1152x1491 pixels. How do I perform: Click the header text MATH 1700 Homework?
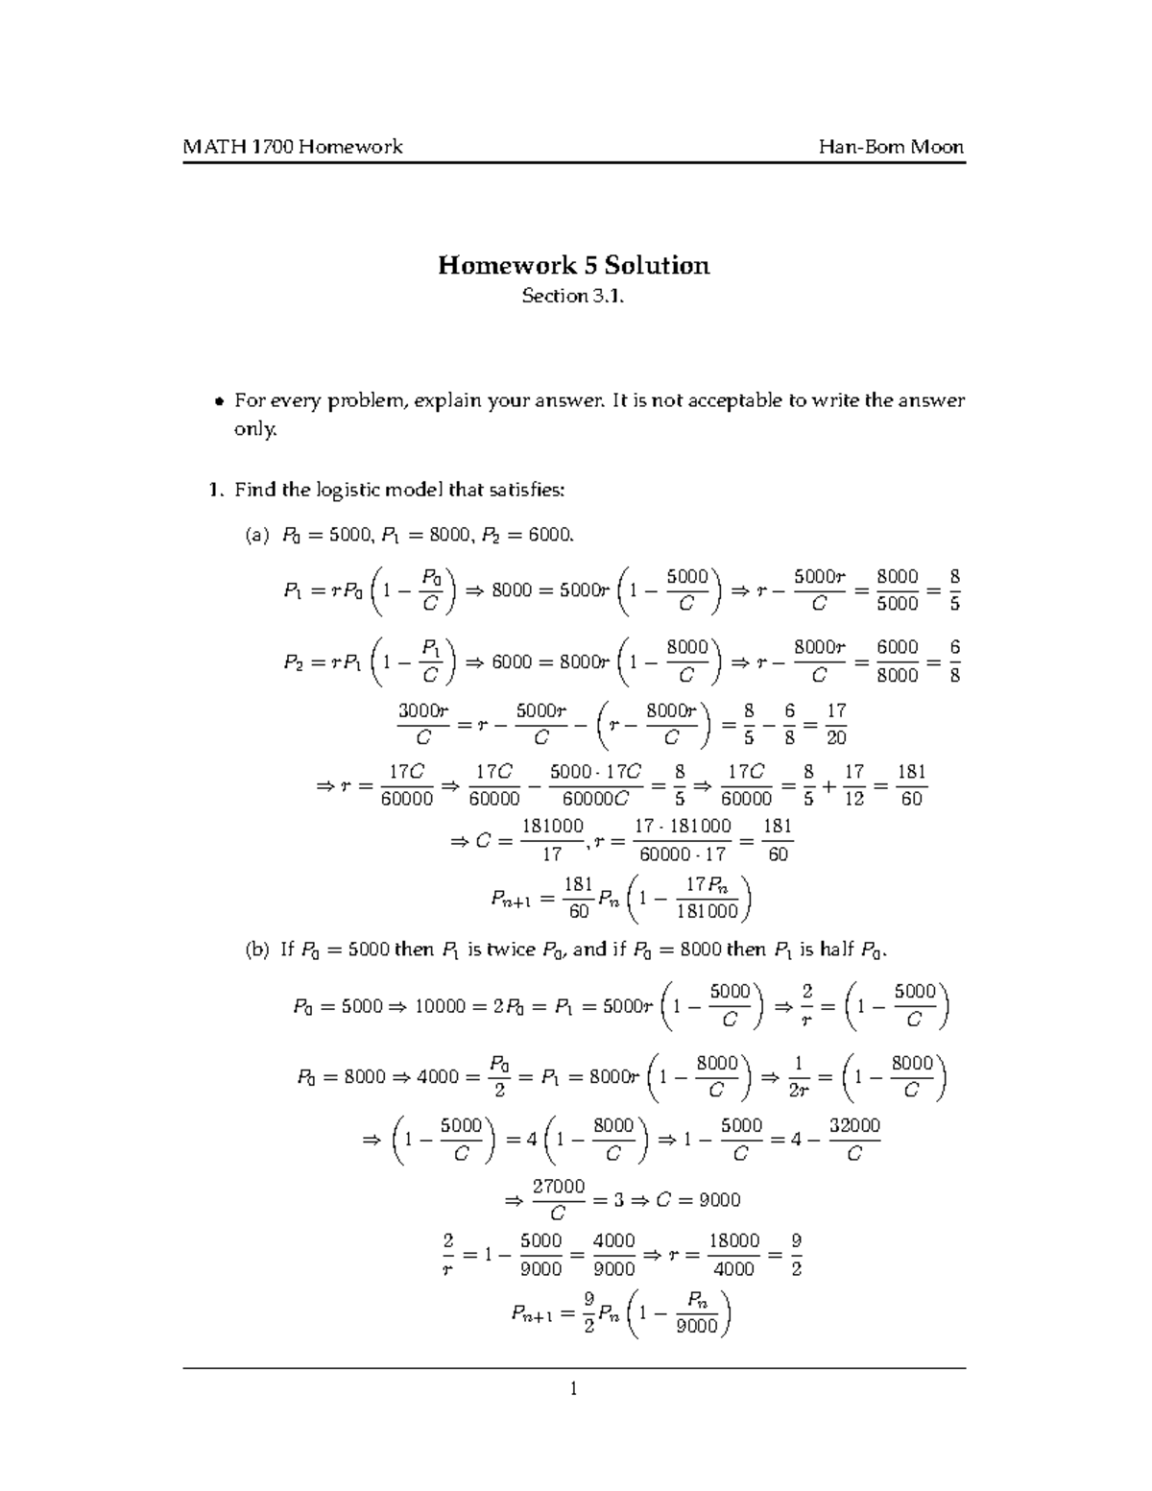coord(293,147)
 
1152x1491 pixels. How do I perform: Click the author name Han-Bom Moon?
coord(891,147)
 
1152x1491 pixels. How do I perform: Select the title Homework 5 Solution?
coord(574,265)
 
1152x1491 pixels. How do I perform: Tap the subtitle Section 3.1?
coord(574,297)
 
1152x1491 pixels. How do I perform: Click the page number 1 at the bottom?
coord(573,1388)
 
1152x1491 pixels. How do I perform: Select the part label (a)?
coord(258,535)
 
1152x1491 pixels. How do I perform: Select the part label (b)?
coord(258,950)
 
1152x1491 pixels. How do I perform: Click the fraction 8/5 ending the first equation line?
coord(953,589)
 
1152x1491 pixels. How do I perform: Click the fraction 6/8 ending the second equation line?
coord(953,661)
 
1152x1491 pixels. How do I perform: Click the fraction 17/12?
coord(853,784)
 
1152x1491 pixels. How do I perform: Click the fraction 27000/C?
coord(559,1200)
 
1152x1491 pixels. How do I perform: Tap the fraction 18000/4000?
coord(735,1255)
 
